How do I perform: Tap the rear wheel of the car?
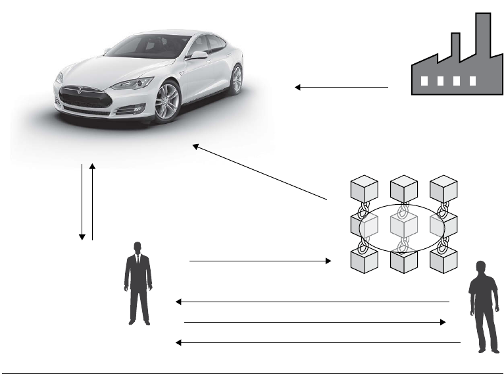(x=236, y=79)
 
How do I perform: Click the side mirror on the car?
(x=197, y=55)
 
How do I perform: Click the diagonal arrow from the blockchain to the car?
(x=259, y=172)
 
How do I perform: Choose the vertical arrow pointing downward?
(x=82, y=201)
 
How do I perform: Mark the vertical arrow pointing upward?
(x=93, y=201)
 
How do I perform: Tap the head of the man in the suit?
(x=138, y=248)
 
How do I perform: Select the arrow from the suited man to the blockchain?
(x=260, y=261)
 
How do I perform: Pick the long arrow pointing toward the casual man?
(x=315, y=323)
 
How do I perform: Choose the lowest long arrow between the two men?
(x=318, y=343)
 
